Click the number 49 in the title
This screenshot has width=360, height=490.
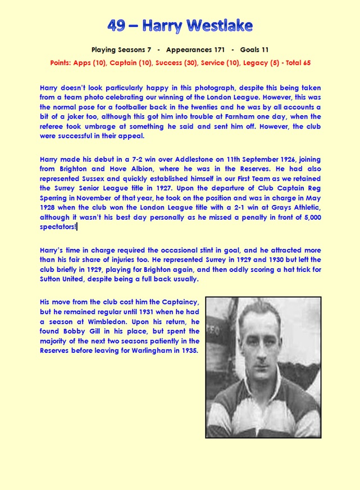coord(118,25)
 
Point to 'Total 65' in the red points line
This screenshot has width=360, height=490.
coord(298,63)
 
